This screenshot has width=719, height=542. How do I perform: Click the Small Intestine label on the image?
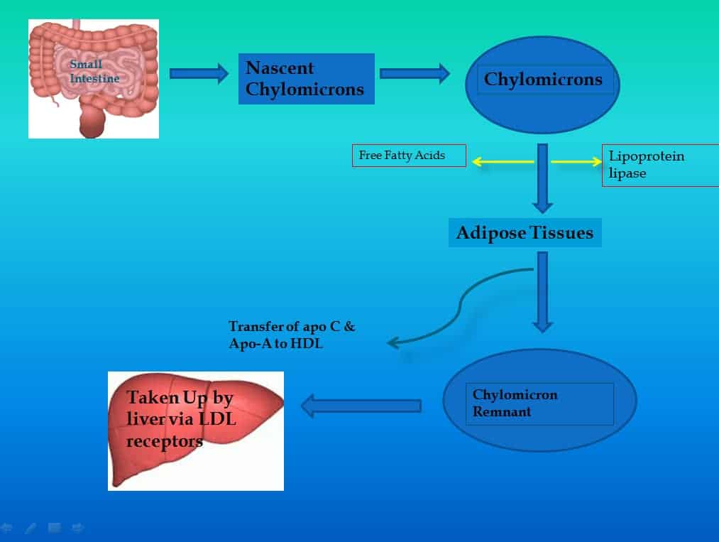click(94, 72)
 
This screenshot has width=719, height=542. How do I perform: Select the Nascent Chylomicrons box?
click(306, 79)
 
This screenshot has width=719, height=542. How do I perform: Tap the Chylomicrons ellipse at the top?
click(542, 80)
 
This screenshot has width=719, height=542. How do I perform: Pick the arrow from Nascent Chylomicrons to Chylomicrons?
click(415, 73)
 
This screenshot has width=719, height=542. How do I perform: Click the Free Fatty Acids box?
click(409, 155)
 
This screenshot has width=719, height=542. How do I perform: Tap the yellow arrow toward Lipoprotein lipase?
click(576, 162)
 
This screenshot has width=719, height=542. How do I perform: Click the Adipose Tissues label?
click(525, 232)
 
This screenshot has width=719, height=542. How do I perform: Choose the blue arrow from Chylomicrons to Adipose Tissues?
click(542, 178)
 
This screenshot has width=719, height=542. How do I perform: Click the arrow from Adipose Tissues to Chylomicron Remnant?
click(542, 291)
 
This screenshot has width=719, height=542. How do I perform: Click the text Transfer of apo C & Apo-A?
click(292, 334)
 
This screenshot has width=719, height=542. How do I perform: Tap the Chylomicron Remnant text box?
click(539, 403)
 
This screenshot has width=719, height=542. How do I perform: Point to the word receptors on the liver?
click(165, 441)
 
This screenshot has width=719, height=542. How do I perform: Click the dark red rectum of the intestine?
click(93, 122)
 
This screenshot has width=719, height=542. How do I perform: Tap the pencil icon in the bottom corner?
click(30, 528)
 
